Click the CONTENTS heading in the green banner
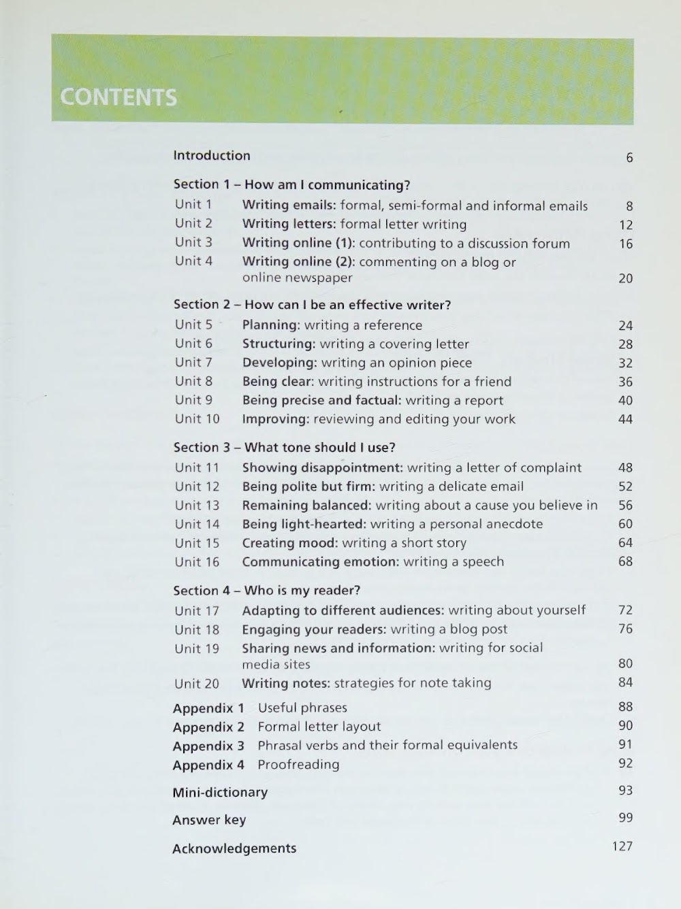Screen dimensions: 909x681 118,97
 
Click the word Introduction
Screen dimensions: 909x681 212,156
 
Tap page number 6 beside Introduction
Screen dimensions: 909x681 629,158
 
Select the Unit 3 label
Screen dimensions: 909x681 193,242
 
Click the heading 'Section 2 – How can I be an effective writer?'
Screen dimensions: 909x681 312,305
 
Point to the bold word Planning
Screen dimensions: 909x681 270,325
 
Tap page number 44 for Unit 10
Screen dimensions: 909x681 625,419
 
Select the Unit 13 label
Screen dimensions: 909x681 197,506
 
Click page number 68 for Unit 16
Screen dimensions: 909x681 625,561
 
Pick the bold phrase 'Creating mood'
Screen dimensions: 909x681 289,543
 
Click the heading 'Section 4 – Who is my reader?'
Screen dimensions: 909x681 266,591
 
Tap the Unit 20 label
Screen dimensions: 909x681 197,684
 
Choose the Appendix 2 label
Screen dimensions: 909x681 208,727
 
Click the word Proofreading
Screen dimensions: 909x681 298,765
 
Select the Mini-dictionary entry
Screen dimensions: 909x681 220,793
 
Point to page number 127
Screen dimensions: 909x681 622,846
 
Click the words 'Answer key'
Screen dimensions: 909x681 209,821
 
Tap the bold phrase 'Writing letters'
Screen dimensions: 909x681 289,225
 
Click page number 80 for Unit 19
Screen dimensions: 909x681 625,663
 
